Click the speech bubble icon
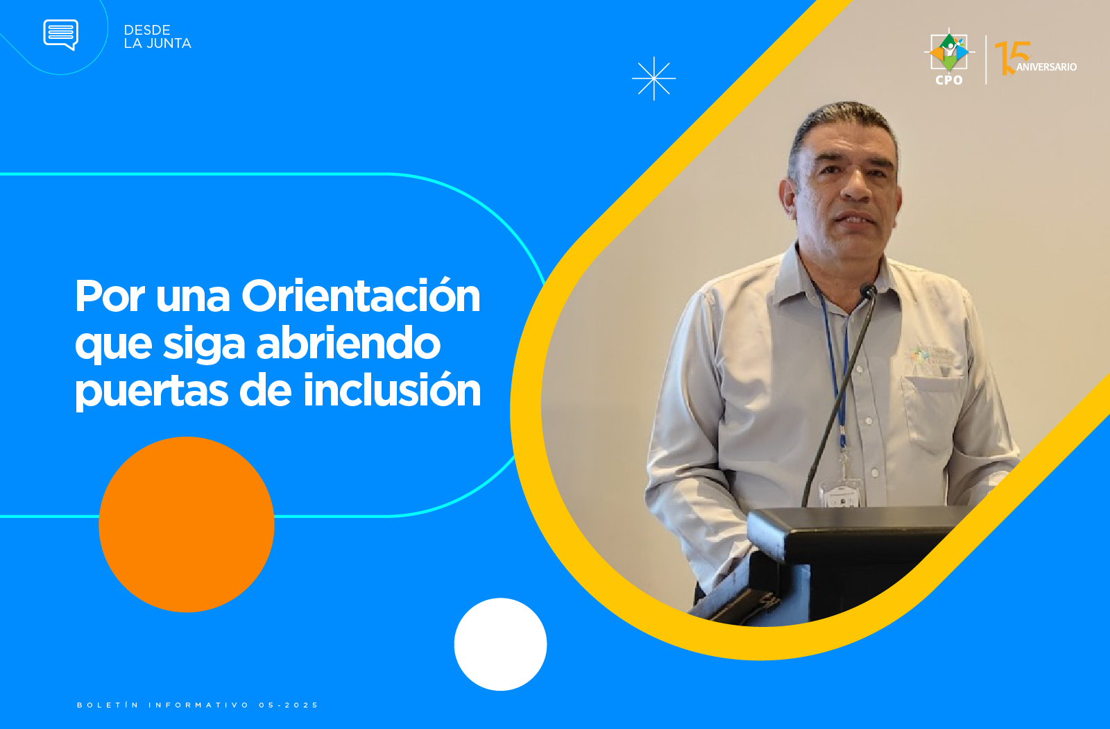tap(60, 34)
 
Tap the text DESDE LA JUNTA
tap(157, 37)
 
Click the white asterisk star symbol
tap(654, 78)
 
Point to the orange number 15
tap(1012, 58)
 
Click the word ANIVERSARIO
tap(1047, 67)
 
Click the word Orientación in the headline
tap(361, 296)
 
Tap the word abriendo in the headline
tap(348, 343)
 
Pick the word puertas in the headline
tap(152, 393)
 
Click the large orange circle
tap(187, 524)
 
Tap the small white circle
tap(500, 644)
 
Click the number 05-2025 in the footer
tap(289, 705)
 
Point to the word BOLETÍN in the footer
tap(108, 705)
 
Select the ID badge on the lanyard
tap(841, 494)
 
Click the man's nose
tap(856, 187)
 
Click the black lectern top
tap(857, 521)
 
